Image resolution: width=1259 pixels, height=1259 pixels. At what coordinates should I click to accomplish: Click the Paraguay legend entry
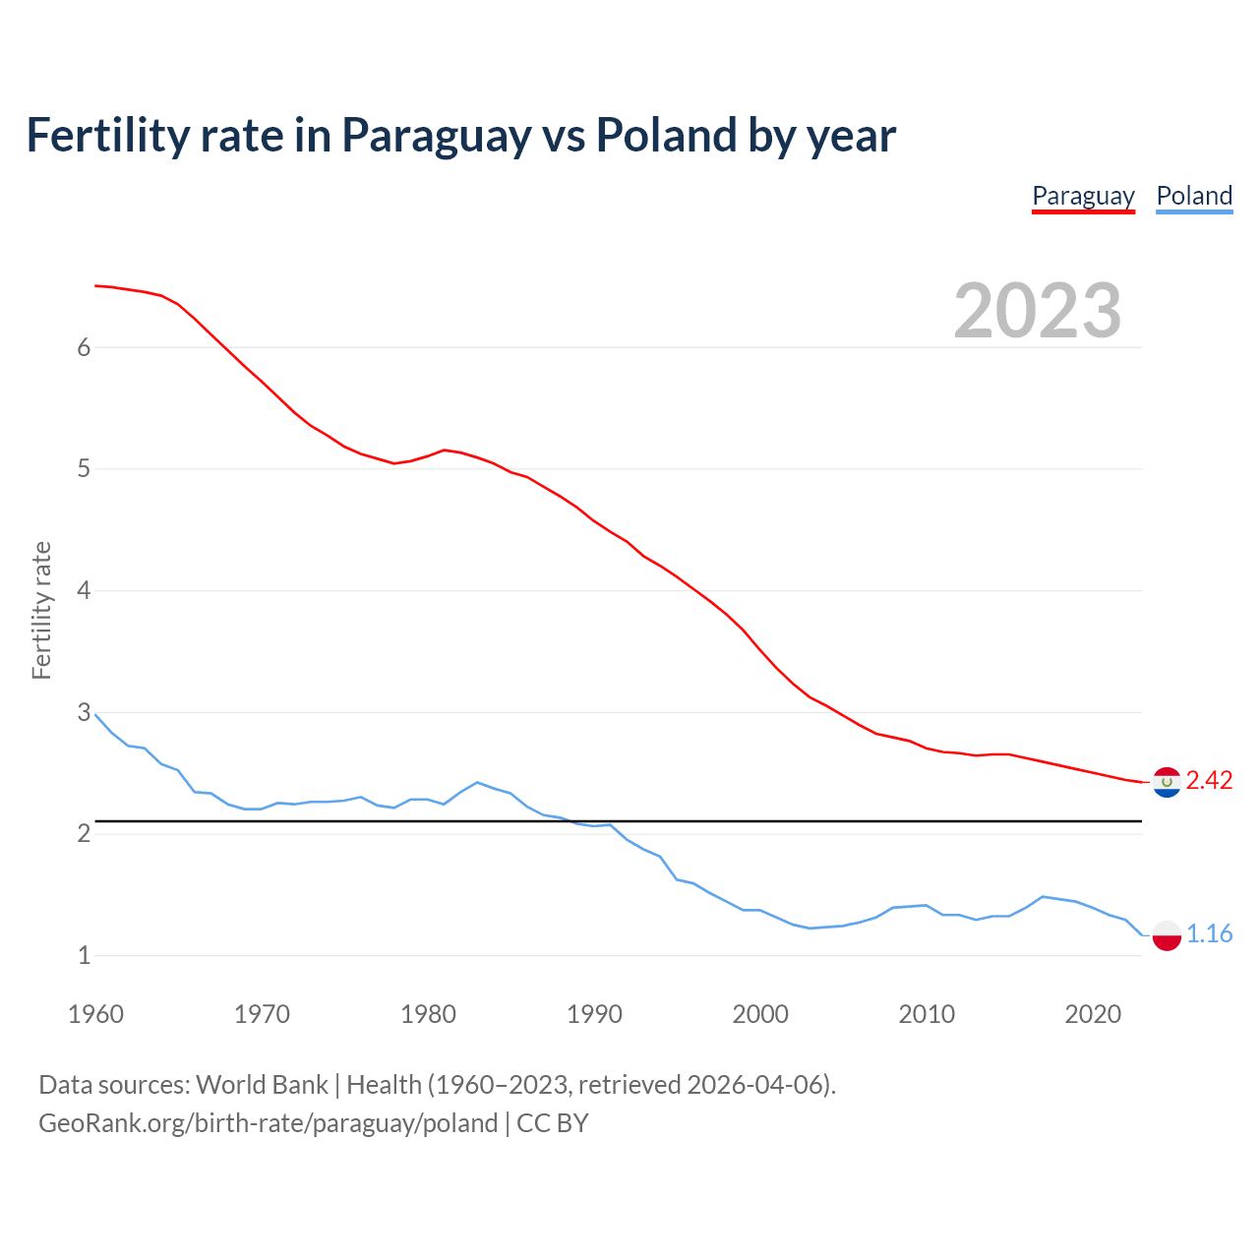tap(1083, 196)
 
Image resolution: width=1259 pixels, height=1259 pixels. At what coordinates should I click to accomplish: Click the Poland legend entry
tap(1194, 196)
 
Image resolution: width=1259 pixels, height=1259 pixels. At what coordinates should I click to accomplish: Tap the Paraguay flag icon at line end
tap(1167, 782)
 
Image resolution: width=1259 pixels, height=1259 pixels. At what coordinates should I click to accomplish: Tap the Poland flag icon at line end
tap(1167, 934)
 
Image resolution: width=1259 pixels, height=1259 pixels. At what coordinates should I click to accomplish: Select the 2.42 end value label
tap(1209, 781)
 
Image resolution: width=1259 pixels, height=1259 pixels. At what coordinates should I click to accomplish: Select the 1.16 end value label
tap(1209, 934)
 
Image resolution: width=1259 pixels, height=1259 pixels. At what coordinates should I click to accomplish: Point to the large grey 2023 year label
tap(1037, 311)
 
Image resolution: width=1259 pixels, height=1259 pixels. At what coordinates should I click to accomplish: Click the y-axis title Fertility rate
tap(41, 610)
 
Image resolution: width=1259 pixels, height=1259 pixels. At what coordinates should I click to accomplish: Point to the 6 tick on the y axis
tap(84, 347)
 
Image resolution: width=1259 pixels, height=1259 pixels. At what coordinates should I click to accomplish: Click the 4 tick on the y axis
tap(84, 590)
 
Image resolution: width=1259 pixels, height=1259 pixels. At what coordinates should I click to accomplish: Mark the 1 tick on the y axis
tap(84, 955)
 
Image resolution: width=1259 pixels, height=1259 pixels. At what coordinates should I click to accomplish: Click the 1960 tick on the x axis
tap(95, 1014)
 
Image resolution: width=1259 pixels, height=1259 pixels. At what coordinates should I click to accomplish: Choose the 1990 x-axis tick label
tap(594, 1014)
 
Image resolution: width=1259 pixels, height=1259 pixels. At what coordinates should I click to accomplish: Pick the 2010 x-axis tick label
tap(927, 1014)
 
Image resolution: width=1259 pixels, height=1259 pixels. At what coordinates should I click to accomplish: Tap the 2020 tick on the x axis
tap(1093, 1014)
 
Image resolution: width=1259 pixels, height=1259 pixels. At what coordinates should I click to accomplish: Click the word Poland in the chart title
tap(666, 136)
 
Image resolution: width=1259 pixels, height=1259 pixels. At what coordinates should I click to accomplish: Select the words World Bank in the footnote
tap(262, 1085)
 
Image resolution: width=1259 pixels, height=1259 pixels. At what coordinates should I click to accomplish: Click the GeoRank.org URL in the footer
tap(268, 1123)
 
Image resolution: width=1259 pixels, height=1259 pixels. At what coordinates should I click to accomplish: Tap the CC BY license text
tap(553, 1123)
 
